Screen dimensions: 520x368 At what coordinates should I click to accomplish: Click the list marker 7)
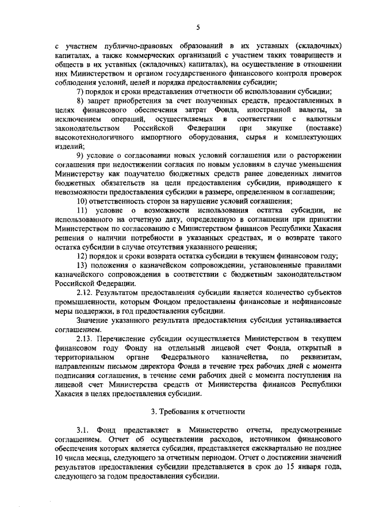(x=81, y=92)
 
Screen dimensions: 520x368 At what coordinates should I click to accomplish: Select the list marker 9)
(x=81, y=156)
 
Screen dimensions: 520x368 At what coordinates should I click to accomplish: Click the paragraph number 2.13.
(x=86, y=338)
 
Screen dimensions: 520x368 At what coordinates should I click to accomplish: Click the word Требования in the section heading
(x=179, y=411)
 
